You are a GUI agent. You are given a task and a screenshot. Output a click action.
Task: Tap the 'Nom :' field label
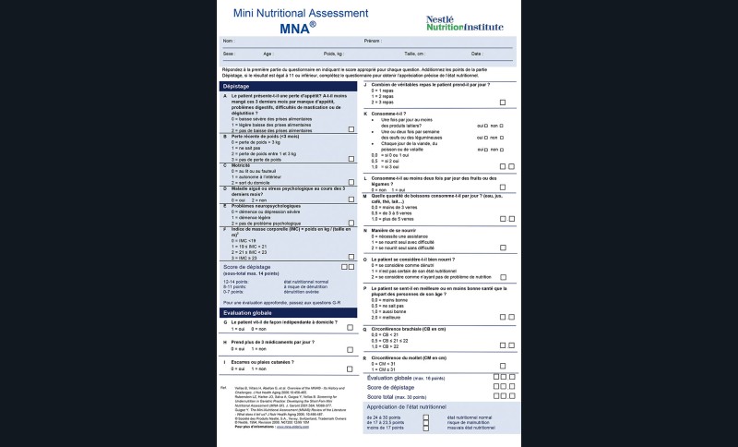pos(228,42)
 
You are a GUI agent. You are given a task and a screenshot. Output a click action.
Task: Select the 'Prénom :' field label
pos(374,42)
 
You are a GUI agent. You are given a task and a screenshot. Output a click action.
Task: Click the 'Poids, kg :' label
pos(309,54)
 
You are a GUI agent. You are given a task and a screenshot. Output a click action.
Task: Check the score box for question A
pos(351,131)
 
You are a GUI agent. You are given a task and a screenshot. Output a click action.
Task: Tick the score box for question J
pos(502,103)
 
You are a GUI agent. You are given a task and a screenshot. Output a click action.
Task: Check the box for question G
pos(350,328)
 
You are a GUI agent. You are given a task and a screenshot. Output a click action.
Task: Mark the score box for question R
pos(502,368)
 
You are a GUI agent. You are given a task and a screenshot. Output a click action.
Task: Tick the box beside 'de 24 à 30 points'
pos(426,417)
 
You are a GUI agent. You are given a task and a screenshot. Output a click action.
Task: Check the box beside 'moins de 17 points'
pos(426,429)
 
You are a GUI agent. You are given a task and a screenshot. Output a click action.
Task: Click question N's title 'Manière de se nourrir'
pos(399,229)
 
